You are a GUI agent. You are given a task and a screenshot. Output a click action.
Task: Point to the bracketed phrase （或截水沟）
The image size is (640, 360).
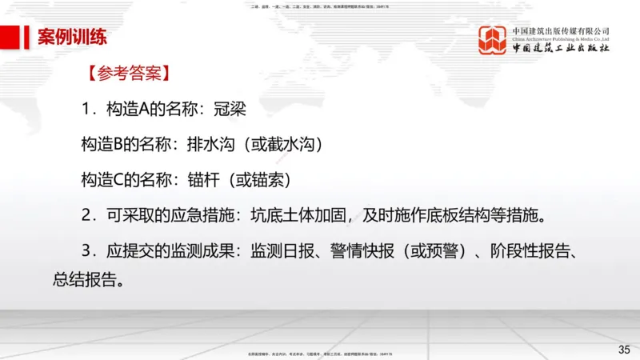coord(283,145)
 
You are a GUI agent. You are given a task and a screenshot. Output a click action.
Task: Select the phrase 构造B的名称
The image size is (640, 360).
coord(125,145)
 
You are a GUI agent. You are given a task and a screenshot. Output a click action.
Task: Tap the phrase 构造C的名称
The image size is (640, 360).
coord(125,179)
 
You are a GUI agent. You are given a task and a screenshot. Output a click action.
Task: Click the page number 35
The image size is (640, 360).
coord(624,349)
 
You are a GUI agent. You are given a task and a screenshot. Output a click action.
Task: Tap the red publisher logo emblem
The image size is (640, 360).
coord(492,40)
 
